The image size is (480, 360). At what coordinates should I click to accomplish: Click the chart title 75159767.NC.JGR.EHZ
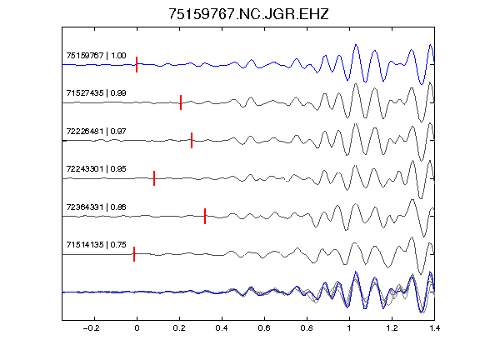(x=248, y=14)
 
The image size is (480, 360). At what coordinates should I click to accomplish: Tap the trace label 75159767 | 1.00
(x=96, y=55)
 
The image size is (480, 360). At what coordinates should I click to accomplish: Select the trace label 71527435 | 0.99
(x=96, y=92)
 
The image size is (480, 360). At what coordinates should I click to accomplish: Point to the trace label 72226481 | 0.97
(x=96, y=132)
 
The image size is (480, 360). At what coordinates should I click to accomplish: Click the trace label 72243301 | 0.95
(x=96, y=168)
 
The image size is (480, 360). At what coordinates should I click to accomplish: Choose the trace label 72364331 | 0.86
(x=96, y=207)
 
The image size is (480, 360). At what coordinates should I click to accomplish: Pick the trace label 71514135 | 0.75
(x=96, y=245)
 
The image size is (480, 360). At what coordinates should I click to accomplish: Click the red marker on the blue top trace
(x=137, y=65)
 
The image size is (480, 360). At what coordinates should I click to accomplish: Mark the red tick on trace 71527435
(x=181, y=102)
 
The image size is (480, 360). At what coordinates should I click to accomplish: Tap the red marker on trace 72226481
(x=192, y=140)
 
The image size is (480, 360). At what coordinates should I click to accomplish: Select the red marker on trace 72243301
(x=154, y=178)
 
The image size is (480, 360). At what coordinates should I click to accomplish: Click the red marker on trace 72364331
(x=205, y=216)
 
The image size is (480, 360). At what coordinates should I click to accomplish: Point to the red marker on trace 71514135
(x=134, y=254)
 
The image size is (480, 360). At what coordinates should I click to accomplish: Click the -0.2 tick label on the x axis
(x=91, y=328)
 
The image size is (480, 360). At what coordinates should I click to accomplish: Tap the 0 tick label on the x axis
(x=137, y=328)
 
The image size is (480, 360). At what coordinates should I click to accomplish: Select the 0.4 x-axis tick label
(x=222, y=328)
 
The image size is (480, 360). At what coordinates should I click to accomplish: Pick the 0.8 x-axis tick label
(x=307, y=328)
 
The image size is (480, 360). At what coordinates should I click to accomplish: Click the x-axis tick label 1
(x=349, y=328)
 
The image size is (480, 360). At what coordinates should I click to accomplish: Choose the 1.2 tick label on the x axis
(x=392, y=328)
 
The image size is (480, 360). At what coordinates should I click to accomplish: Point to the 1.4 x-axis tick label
(x=434, y=328)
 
